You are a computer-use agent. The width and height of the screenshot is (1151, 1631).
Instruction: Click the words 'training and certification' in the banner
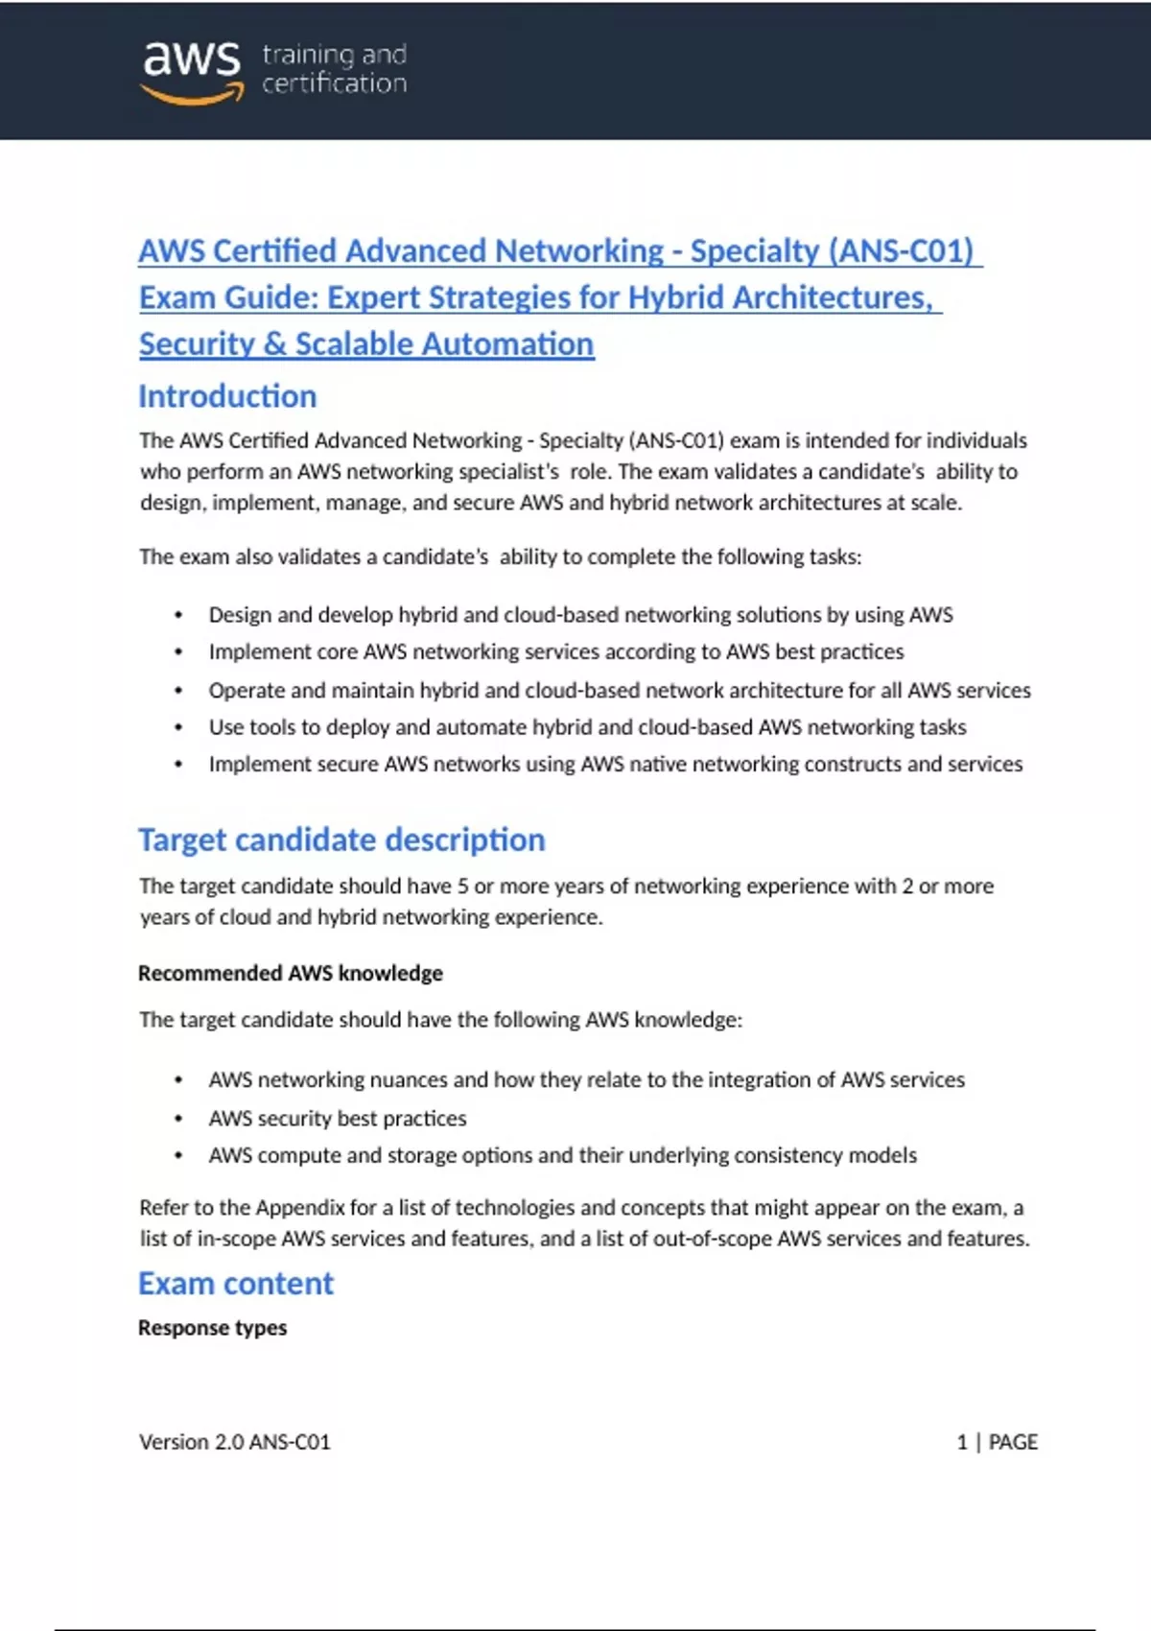tap(334, 69)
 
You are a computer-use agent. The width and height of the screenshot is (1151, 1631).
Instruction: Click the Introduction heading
tap(227, 396)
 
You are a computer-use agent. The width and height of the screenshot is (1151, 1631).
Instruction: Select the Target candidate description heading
tap(341, 839)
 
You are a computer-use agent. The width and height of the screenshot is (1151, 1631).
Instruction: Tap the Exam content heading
tap(236, 1284)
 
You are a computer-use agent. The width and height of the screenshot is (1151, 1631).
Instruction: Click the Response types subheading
tap(212, 1328)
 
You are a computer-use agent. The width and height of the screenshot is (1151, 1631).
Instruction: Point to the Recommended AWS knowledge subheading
tap(291, 973)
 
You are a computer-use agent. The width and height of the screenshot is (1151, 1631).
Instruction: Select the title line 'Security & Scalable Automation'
tap(366, 344)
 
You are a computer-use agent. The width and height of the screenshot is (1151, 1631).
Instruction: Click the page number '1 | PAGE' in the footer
tap(997, 1442)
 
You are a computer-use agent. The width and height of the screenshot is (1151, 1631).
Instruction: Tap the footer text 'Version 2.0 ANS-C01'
tap(235, 1442)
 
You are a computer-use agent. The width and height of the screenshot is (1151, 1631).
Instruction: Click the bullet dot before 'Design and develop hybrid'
tap(178, 616)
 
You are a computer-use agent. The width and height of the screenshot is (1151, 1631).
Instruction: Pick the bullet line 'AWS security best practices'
tap(338, 1119)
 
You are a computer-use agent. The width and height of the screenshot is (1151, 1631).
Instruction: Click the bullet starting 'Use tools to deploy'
tap(587, 727)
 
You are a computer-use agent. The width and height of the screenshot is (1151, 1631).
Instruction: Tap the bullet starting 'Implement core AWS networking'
tap(556, 652)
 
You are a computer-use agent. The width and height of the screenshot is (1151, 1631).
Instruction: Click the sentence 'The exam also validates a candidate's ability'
tap(500, 557)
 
